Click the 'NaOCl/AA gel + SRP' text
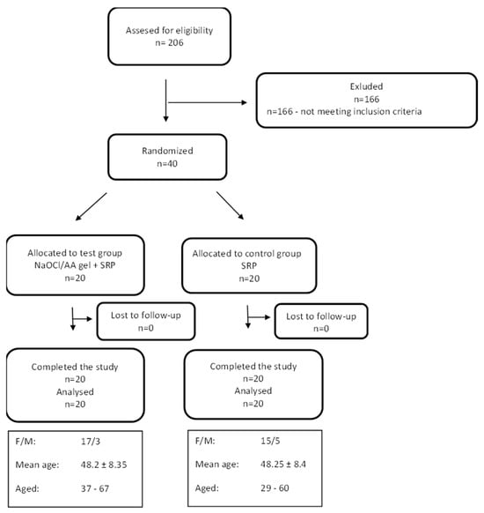(x=69, y=264)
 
